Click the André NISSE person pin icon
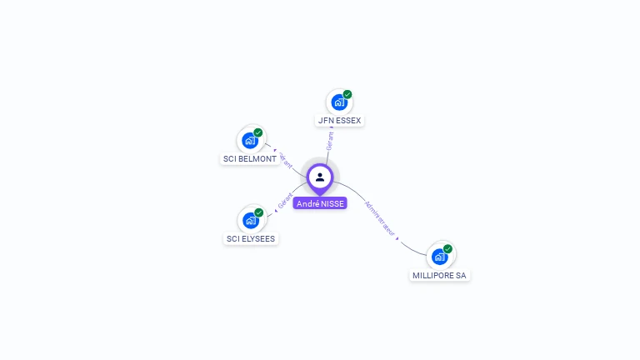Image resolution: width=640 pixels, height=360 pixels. click(320, 177)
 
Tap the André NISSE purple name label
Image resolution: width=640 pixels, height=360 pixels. click(320, 203)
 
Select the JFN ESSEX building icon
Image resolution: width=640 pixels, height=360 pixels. click(338, 102)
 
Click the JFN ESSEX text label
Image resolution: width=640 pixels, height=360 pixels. click(340, 121)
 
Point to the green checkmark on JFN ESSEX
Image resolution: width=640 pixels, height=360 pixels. click(347, 94)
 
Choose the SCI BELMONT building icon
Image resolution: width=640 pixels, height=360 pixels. click(249, 141)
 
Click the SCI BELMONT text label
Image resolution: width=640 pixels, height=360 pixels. click(250, 159)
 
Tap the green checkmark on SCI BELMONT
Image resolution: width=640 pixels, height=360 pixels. click(258, 132)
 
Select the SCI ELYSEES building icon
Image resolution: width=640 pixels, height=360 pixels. click(250, 221)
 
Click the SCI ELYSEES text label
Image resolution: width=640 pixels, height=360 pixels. click(251, 239)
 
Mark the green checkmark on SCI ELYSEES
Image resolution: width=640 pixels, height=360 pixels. click(259, 212)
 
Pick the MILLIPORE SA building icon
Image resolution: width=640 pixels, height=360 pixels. click(439, 257)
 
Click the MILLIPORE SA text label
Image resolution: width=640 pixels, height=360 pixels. click(439, 275)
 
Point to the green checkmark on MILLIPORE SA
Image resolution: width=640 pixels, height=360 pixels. click(448, 248)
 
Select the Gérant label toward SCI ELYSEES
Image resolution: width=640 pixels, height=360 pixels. click(285, 201)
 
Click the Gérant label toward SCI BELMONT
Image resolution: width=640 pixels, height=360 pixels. click(284, 160)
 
